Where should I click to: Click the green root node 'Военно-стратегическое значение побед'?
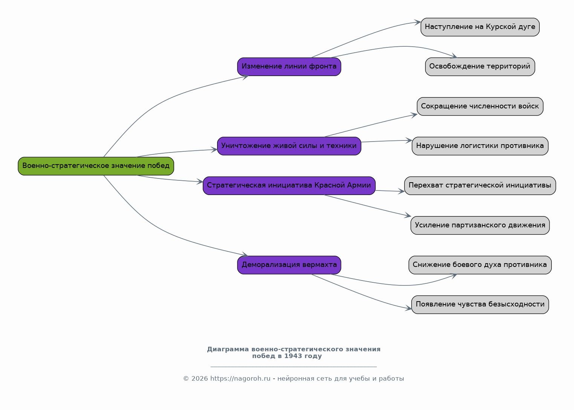coord(96,166)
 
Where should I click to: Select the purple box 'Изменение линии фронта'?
coord(289,67)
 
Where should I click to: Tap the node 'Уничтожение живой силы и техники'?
coord(289,146)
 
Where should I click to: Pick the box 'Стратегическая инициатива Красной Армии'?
coord(289,186)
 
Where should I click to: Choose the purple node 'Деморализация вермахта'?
coord(289,265)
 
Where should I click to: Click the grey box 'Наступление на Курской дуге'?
coord(480,27)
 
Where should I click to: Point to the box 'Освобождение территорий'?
coord(480,67)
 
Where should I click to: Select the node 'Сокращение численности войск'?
coord(480,107)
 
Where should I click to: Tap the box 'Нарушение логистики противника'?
coord(480,146)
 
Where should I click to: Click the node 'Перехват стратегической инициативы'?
coord(480,186)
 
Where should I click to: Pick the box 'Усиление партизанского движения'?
coord(480,226)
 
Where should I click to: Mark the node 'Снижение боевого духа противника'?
coord(480,265)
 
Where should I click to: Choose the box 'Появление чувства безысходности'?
coord(480,305)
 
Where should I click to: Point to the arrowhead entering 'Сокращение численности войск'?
coord(415,115)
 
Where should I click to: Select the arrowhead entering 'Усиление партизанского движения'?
coord(408,216)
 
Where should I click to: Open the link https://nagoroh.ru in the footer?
coord(240,378)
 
